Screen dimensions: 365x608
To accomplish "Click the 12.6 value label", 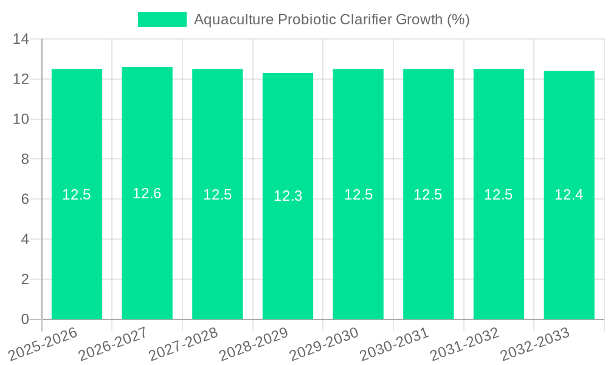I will (147, 193).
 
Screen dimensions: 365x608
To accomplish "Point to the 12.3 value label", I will (288, 196).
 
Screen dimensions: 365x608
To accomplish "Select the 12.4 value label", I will (569, 195).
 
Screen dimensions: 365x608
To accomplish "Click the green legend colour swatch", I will (162, 19).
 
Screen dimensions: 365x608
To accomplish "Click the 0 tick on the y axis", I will (25, 319).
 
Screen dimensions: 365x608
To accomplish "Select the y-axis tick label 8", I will (25, 159).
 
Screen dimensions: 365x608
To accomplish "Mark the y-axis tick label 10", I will (21, 119).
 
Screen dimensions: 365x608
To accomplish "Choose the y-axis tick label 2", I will (25, 279).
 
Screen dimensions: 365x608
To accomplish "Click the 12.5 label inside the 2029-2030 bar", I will (358, 195).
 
